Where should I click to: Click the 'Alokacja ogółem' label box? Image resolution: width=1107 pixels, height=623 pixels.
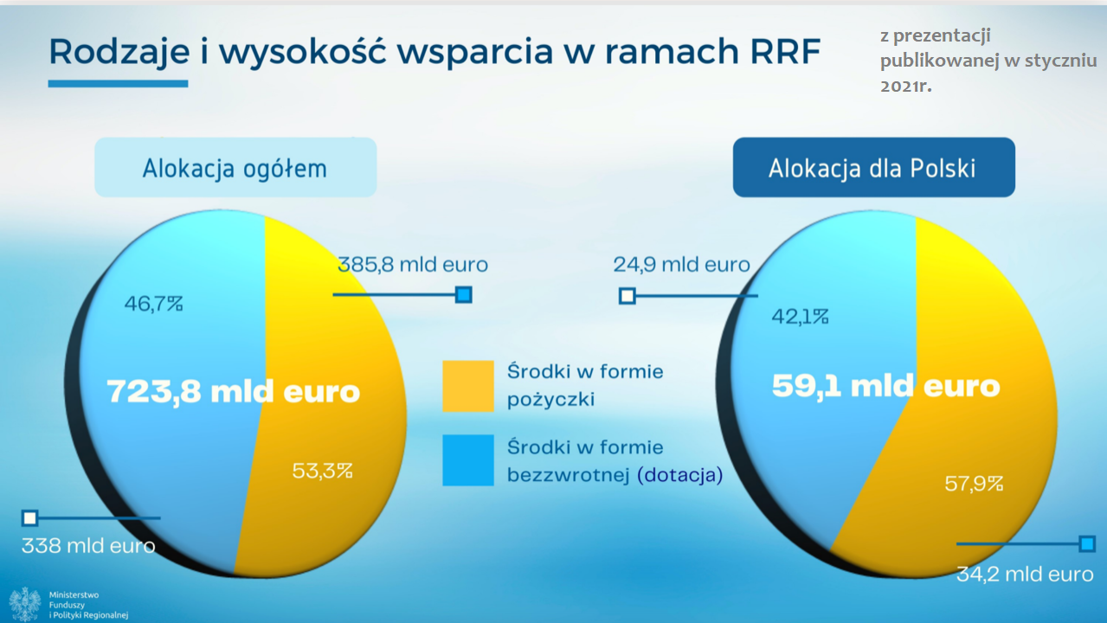[235, 168]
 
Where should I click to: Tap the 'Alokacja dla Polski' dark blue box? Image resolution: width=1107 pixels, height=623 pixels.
[873, 168]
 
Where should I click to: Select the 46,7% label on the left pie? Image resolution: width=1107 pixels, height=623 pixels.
[154, 304]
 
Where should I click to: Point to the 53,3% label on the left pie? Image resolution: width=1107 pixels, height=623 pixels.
[322, 471]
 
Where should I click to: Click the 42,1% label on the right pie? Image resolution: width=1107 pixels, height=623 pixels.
[800, 316]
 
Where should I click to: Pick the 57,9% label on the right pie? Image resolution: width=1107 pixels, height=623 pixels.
[974, 483]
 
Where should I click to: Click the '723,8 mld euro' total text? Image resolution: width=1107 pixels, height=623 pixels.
[234, 391]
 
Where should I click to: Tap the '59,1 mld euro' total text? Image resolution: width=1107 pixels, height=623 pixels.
[885, 386]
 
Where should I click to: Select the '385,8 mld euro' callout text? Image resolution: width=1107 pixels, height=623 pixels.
[413, 265]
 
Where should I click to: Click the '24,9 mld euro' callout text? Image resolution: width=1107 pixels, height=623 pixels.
[681, 265]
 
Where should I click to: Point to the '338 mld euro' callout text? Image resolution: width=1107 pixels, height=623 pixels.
[88, 546]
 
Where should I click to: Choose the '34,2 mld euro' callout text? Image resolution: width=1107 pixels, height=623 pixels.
[1025, 575]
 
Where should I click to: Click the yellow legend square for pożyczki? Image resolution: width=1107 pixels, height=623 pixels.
[468, 387]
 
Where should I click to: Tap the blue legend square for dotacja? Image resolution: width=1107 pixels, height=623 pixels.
[468, 460]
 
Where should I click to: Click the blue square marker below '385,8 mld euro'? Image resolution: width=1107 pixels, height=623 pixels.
[464, 295]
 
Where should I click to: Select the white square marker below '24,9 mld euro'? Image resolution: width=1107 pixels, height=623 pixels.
[628, 296]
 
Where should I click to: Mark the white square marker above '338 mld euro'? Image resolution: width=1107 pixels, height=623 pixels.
[29, 518]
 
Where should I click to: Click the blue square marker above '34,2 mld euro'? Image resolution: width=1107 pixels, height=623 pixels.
[1087, 544]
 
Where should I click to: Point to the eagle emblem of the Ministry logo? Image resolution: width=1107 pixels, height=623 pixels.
[25, 604]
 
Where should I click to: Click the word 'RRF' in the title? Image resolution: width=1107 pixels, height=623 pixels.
[785, 51]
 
